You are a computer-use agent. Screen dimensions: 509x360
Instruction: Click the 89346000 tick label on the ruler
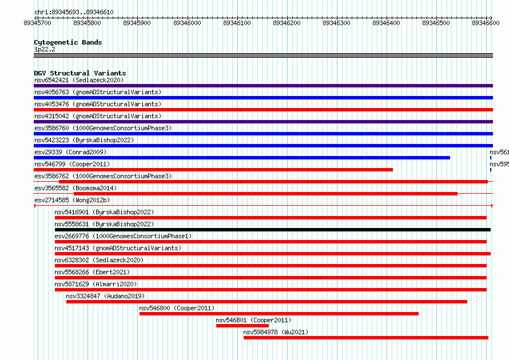point(187,23)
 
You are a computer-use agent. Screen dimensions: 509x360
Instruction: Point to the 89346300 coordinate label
point(336,23)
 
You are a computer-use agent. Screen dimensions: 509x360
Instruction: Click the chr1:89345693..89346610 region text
point(74,13)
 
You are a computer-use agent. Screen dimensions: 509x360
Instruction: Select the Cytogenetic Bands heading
point(68,42)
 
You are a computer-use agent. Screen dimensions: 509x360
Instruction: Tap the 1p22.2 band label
point(45,49)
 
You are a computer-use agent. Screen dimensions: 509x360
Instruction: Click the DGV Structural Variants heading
point(80,73)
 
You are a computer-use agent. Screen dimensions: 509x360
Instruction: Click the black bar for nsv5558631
point(273,230)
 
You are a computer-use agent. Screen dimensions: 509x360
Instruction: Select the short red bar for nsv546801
point(242,326)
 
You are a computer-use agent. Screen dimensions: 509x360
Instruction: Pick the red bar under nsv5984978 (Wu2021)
point(366,338)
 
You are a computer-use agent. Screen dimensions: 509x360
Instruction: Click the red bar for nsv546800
point(279,314)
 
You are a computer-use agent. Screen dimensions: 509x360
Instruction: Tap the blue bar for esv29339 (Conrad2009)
point(242,158)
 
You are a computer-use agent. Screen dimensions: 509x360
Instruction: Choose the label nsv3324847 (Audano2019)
point(105,296)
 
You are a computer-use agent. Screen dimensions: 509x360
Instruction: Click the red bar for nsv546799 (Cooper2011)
point(213,170)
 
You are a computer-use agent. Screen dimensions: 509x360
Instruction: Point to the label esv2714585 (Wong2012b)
point(72,200)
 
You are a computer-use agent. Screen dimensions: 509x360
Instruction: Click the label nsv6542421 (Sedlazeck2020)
point(79,80)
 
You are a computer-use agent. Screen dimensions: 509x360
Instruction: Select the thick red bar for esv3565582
point(265,194)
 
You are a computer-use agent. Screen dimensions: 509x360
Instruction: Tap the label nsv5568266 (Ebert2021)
point(92,272)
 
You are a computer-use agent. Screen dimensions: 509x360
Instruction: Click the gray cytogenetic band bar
point(263,55)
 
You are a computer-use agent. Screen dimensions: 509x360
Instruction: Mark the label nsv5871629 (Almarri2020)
point(96,284)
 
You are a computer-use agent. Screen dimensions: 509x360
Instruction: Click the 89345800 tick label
point(87,23)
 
